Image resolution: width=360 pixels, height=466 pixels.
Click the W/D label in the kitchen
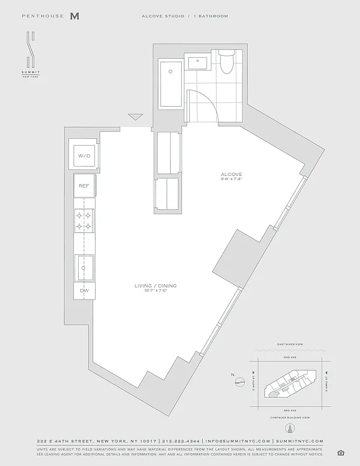pyautogui.click(x=84, y=156)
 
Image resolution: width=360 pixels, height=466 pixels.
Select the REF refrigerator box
pyautogui.click(x=84, y=186)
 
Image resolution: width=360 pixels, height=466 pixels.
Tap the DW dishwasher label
pyautogui.click(x=84, y=290)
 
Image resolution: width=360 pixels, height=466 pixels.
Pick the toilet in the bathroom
pyautogui.click(x=226, y=62)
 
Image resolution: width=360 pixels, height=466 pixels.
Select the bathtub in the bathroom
pyautogui.click(x=171, y=84)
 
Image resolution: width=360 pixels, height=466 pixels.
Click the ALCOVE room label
pyautogui.click(x=231, y=174)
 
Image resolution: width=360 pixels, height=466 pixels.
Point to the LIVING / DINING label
pyautogui.click(x=156, y=286)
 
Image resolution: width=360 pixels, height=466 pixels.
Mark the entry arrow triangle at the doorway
pyautogui.click(x=136, y=116)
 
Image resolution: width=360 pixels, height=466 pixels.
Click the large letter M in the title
pyautogui.click(x=74, y=16)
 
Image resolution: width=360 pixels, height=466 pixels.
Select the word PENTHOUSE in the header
pyautogui.click(x=43, y=16)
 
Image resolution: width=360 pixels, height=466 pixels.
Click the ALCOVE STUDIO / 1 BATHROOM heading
pyautogui.click(x=185, y=16)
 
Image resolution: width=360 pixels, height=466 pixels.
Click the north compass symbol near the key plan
pyautogui.click(x=239, y=382)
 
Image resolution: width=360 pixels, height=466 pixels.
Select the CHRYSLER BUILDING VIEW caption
pyautogui.click(x=290, y=418)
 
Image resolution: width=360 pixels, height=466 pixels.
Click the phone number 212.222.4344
pyautogui.click(x=181, y=441)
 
